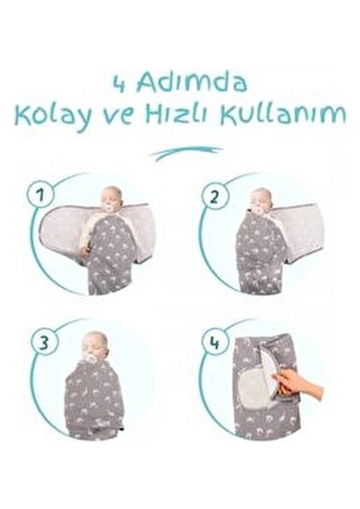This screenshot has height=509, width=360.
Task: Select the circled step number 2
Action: [216, 197]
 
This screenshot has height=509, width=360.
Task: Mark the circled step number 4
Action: [216, 343]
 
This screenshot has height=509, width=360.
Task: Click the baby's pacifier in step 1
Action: [110, 205]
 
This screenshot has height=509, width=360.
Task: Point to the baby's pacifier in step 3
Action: [92, 357]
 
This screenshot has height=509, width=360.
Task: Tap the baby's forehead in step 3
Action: [93, 339]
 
